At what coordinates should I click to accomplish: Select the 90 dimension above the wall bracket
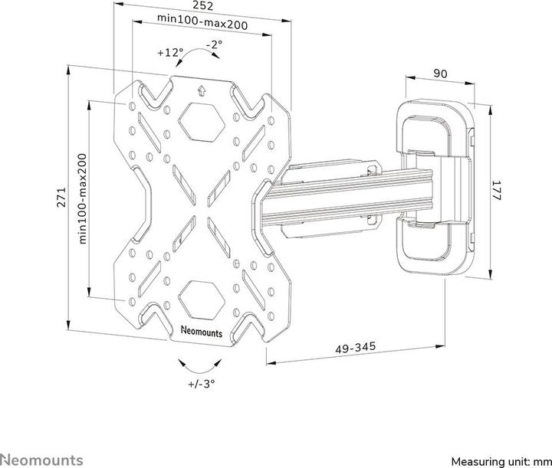tap(440, 74)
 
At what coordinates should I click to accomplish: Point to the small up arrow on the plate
tap(202, 89)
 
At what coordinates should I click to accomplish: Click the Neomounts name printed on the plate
tap(202, 332)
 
